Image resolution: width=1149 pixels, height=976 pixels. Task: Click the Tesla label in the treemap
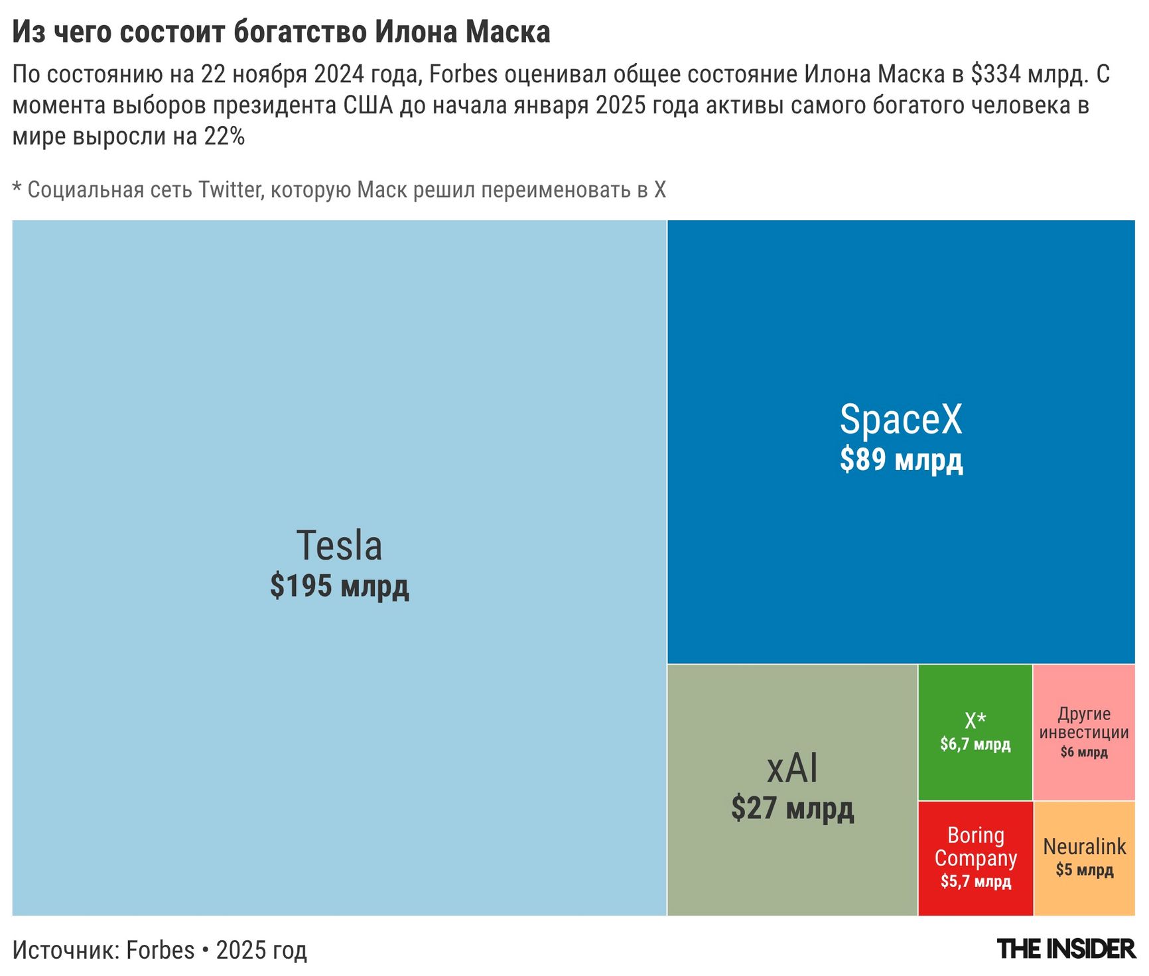(x=339, y=546)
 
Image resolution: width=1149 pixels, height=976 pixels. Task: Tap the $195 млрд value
(x=339, y=586)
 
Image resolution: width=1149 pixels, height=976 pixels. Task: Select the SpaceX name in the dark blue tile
(x=900, y=419)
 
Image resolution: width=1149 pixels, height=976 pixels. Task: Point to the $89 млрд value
(x=901, y=459)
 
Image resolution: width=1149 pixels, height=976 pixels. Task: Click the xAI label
(x=792, y=768)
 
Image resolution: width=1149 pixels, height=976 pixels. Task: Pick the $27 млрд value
(x=792, y=808)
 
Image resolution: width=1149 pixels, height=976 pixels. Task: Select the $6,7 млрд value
(x=975, y=745)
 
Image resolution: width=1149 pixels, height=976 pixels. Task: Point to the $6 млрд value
(x=1084, y=753)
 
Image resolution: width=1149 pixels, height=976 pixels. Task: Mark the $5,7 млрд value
(x=975, y=882)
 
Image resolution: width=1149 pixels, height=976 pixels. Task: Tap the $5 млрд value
(x=1084, y=870)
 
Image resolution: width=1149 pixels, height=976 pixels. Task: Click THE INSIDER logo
(x=1065, y=949)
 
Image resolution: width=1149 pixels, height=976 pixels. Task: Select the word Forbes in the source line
(x=160, y=950)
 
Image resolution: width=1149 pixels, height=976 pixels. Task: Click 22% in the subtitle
(x=224, y=137)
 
